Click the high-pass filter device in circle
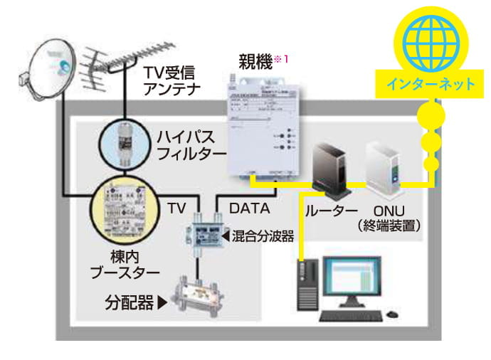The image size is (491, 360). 125,142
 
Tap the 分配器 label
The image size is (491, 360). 132,303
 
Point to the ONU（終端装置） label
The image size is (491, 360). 388,218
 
